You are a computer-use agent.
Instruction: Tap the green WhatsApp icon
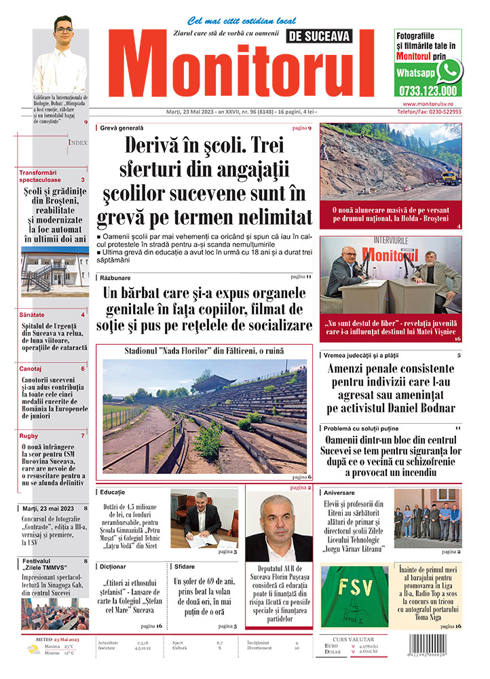pyautogui.click(x=449, y=71)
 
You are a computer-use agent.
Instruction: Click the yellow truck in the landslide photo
pyautogui.click(x=449, y=178)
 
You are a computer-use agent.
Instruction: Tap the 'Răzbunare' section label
pyautogui.click(x=115, y=277)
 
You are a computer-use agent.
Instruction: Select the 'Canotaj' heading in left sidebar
pyautogui.click(x=33, y=368)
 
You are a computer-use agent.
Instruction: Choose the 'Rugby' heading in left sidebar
pyautogui.click(x=29, y=435)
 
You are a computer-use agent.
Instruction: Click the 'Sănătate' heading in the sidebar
pyautogui.click(x=33, y=315)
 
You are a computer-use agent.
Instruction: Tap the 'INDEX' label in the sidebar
pyautogui.click(x=77, y=143)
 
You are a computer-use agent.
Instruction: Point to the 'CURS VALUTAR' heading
pyautogui.click(x=355, y=639)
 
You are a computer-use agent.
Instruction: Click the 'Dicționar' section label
pyautogui.click(x=112, y=565)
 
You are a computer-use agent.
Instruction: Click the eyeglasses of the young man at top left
pyautogui.click(x=64, y=30)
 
